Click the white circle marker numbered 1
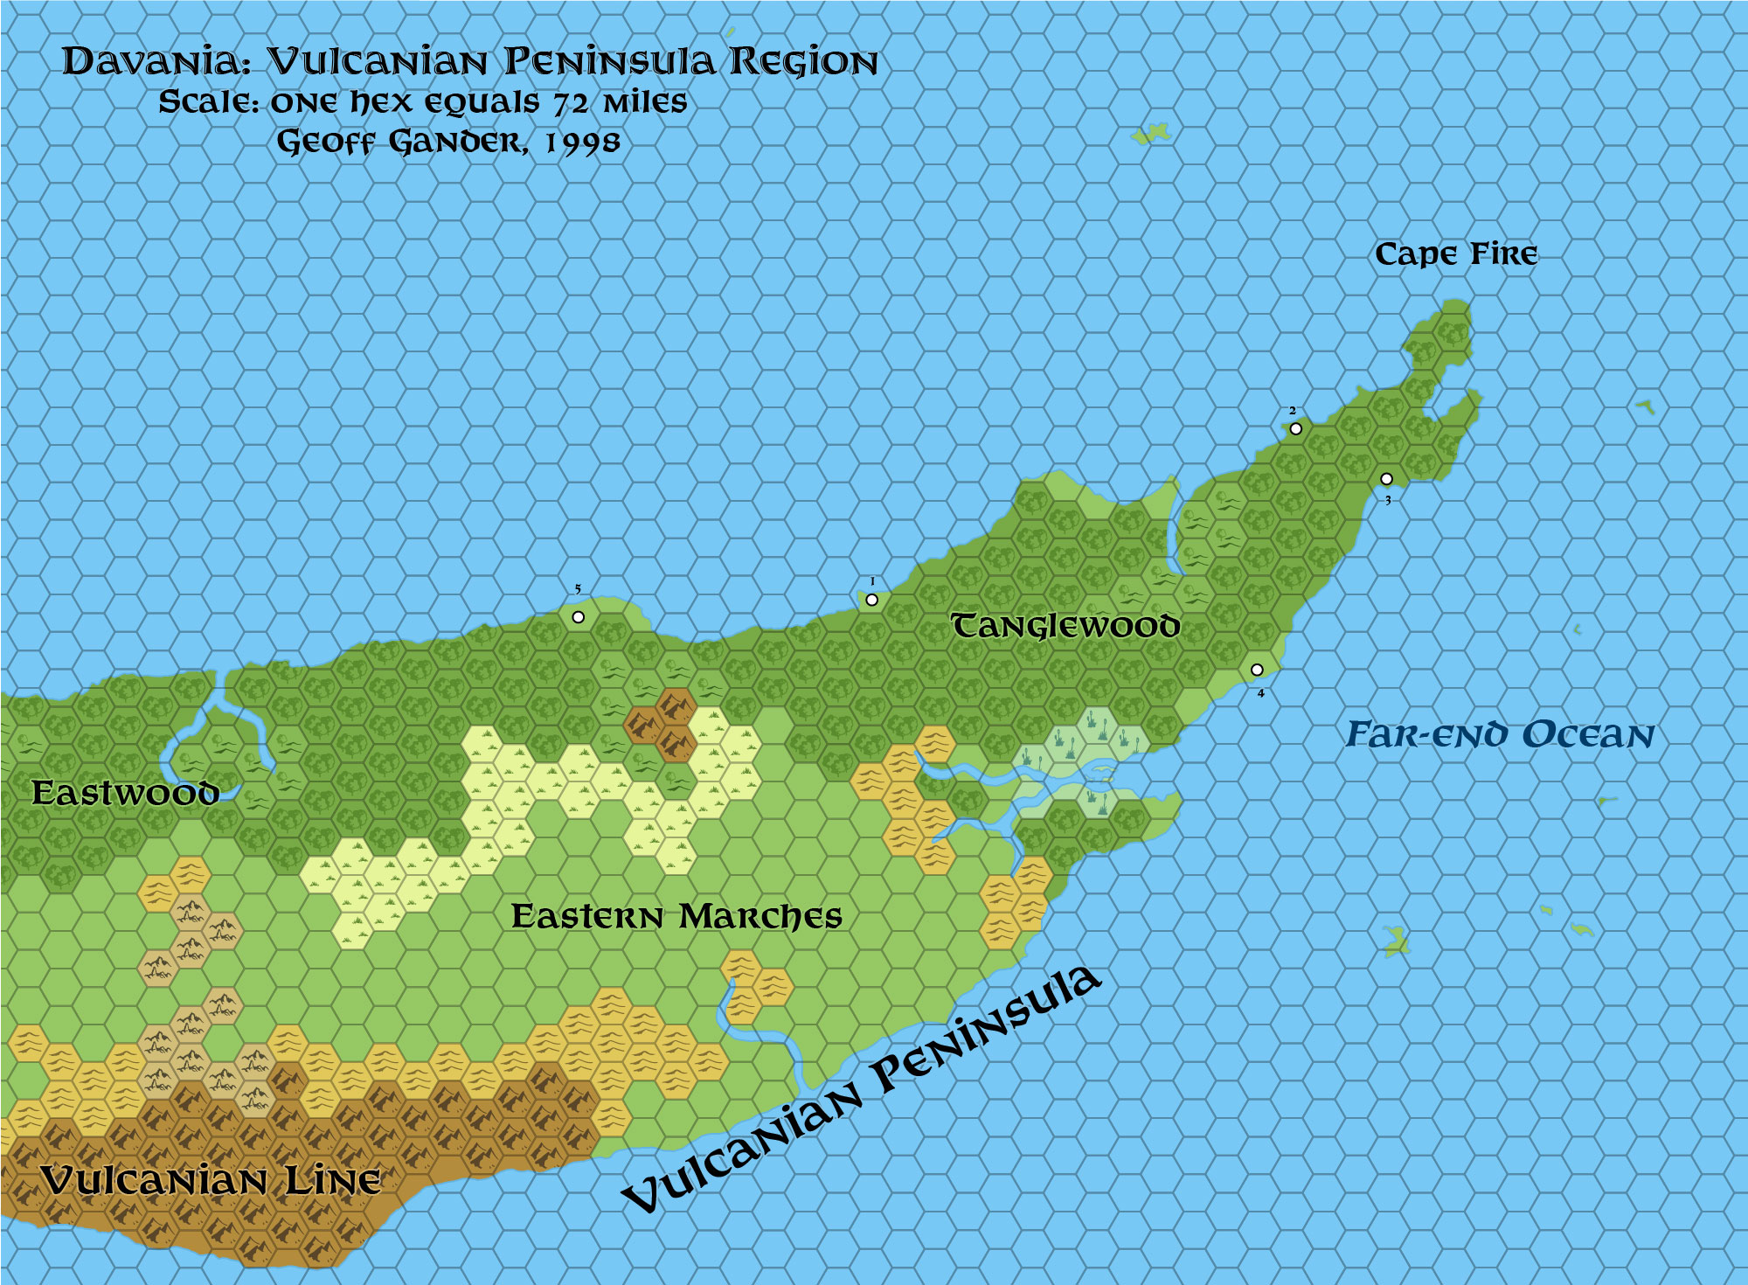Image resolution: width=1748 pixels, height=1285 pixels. (x=871, y=600)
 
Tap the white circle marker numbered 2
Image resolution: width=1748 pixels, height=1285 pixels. (x=1295, y=428)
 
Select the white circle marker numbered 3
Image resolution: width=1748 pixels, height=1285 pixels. (x=1386, y=478)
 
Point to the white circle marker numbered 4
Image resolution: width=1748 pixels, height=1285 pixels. (x=1257, y=670)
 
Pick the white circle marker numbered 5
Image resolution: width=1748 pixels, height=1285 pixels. (x=578, y=617)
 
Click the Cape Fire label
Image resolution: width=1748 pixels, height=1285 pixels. (x=1455, y=254)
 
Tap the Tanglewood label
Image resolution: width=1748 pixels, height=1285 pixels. (x=1065, y=626)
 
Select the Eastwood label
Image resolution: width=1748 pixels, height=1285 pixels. (x=124, y=793)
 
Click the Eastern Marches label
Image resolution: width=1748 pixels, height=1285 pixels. (x=676, y=916)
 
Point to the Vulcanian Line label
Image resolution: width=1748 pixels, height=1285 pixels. (x=210, y=1181)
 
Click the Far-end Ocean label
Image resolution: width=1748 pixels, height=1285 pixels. (x=1500, y=735)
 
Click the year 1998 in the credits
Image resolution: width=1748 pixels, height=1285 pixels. (x=583, y=142)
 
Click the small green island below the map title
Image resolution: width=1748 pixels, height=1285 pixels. (x=1151, y=134)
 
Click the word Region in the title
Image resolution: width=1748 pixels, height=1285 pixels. (x=802, y=62)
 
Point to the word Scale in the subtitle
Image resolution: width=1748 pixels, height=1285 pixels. (x=208, y=102)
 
